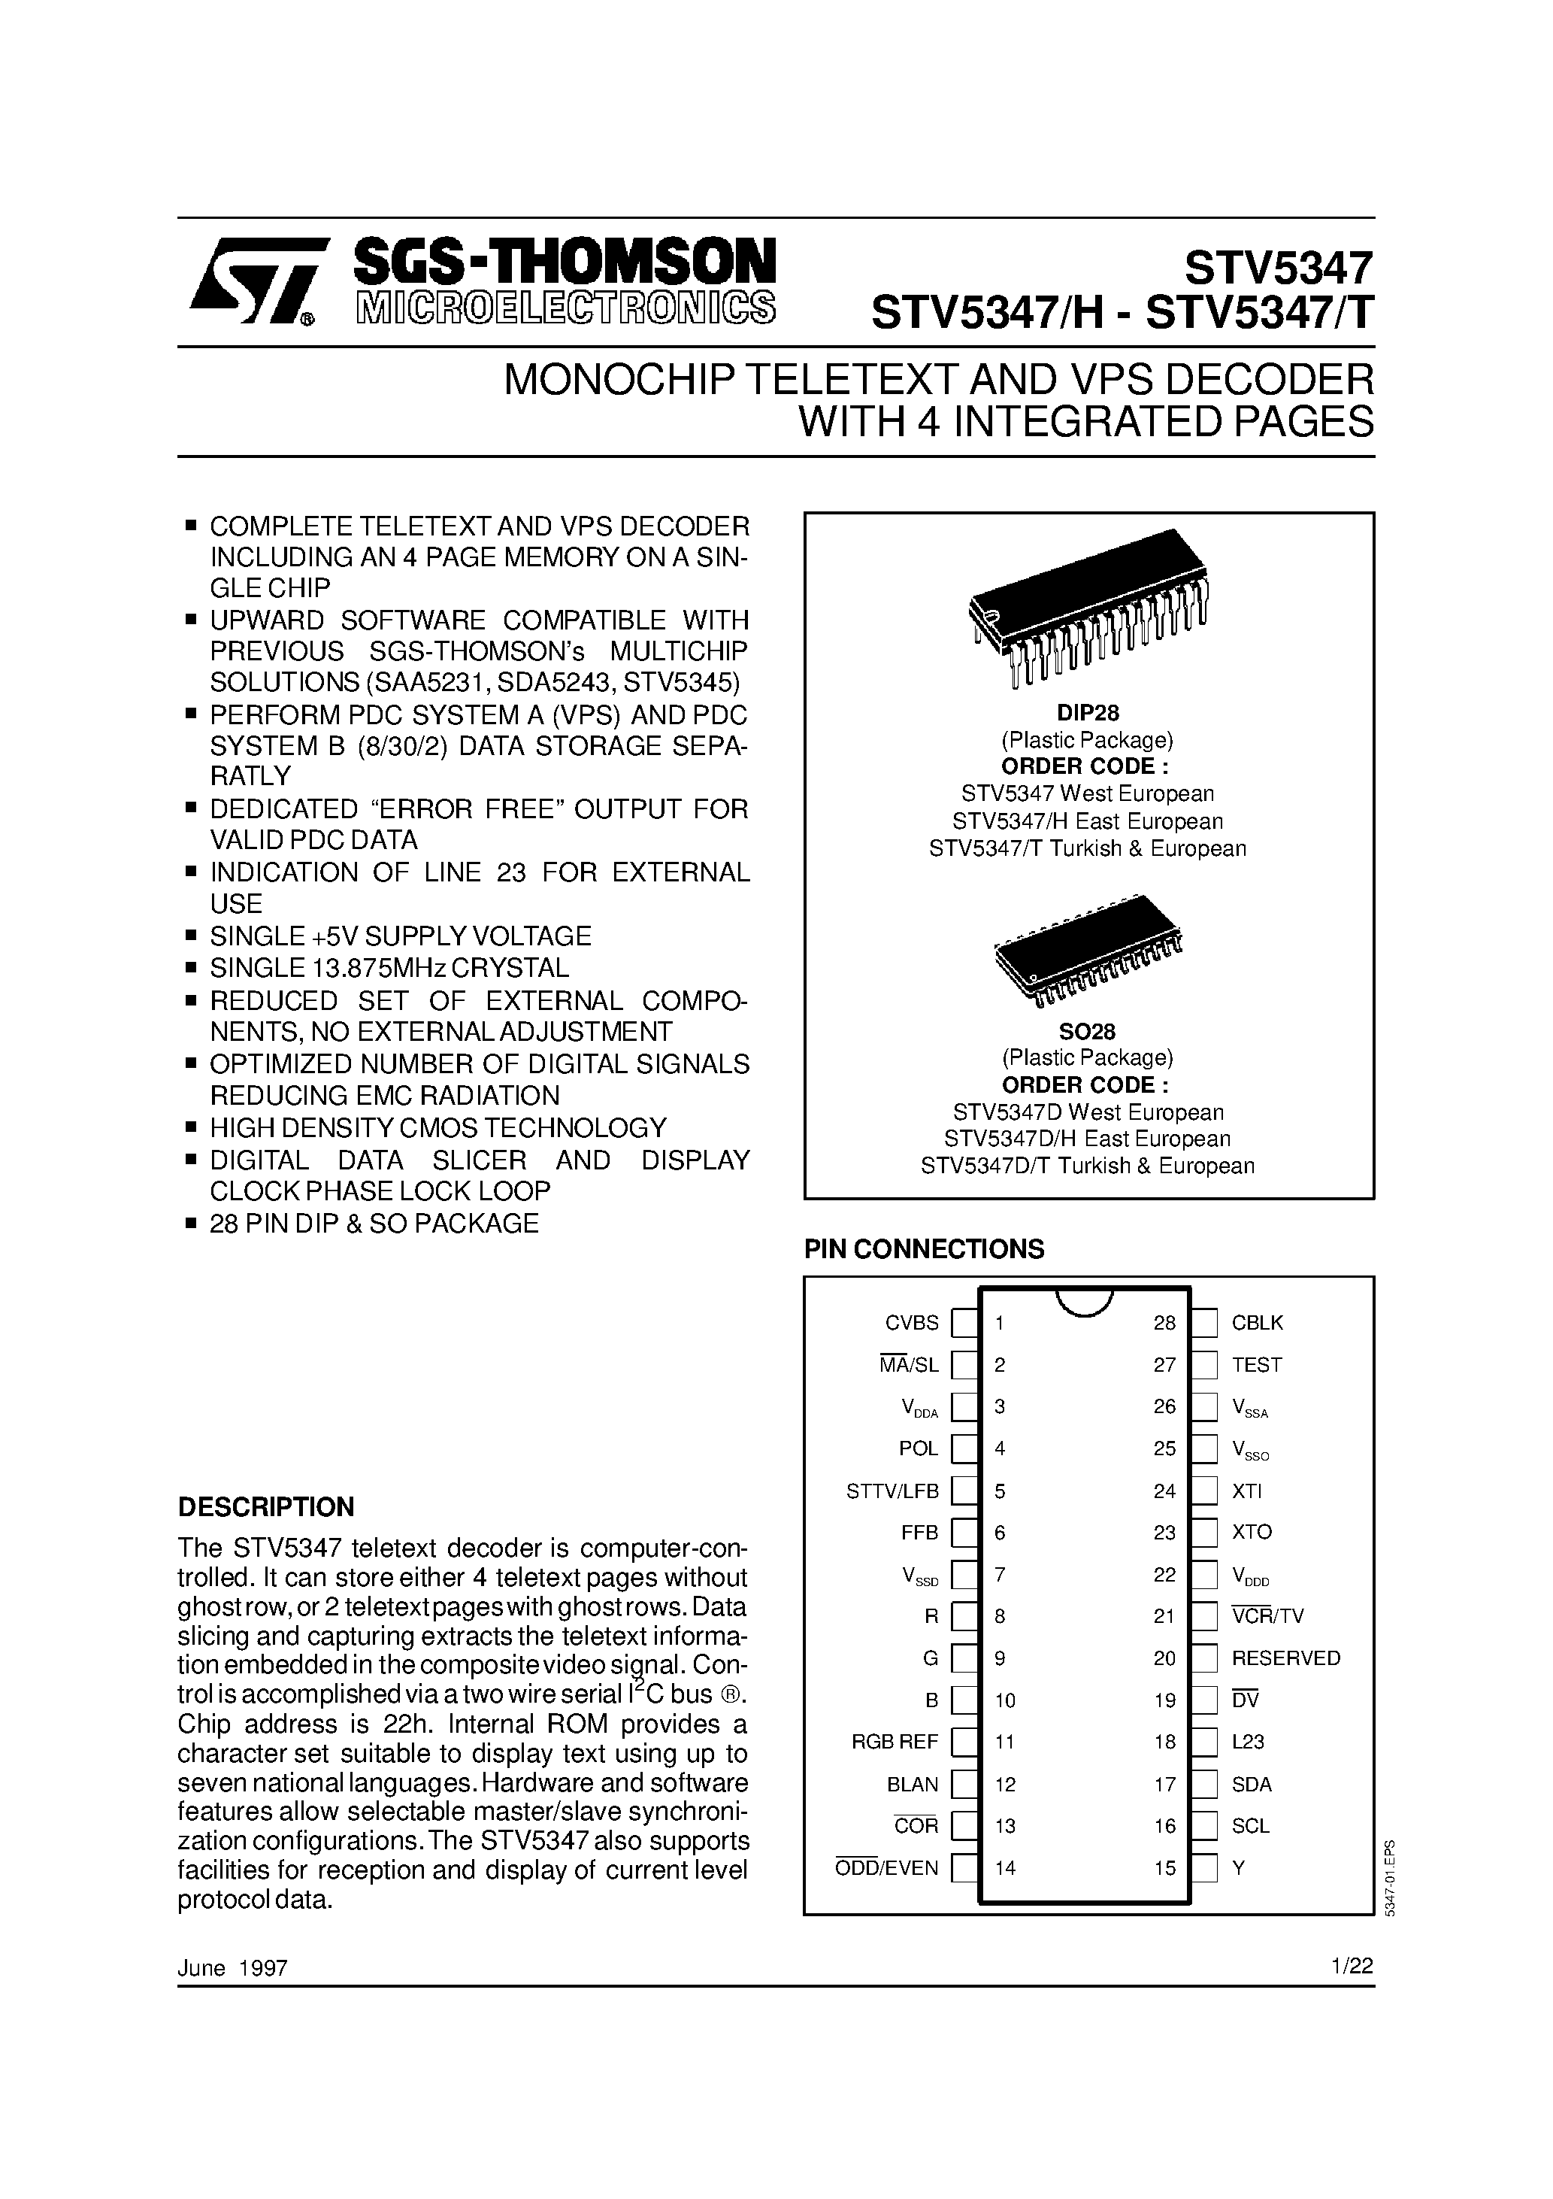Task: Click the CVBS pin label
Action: [912, 1323]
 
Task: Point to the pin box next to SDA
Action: [1204, 1785]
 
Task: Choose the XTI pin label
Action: [1246, 1491]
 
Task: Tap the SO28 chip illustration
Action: [1088, 950]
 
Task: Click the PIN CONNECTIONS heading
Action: [924, 1249]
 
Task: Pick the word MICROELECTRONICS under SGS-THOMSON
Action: [565, 308]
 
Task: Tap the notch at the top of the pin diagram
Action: [1084, 1300]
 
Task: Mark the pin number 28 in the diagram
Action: [1164, 1323]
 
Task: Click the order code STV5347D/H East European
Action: [1088, 1139]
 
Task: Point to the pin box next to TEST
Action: [1204, 1365]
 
